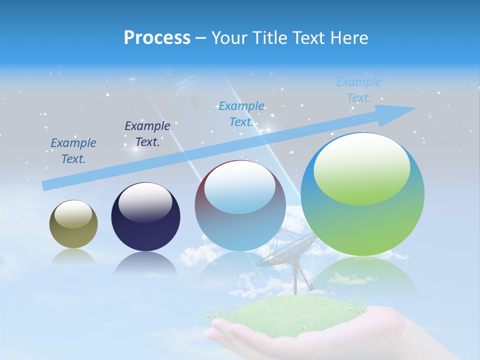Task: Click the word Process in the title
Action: [157, 38]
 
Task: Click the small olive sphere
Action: [73, 224]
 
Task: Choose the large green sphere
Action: [362, 194]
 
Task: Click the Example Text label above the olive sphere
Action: [73, 151]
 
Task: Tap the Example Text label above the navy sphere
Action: [147, 133]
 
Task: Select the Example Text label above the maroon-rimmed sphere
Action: [241, 114]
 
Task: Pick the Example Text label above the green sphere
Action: [359, 90]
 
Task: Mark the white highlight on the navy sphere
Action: [145, 201]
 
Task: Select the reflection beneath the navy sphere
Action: [145, 263]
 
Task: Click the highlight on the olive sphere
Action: [73, 214]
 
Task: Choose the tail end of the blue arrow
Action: [45, 185]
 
